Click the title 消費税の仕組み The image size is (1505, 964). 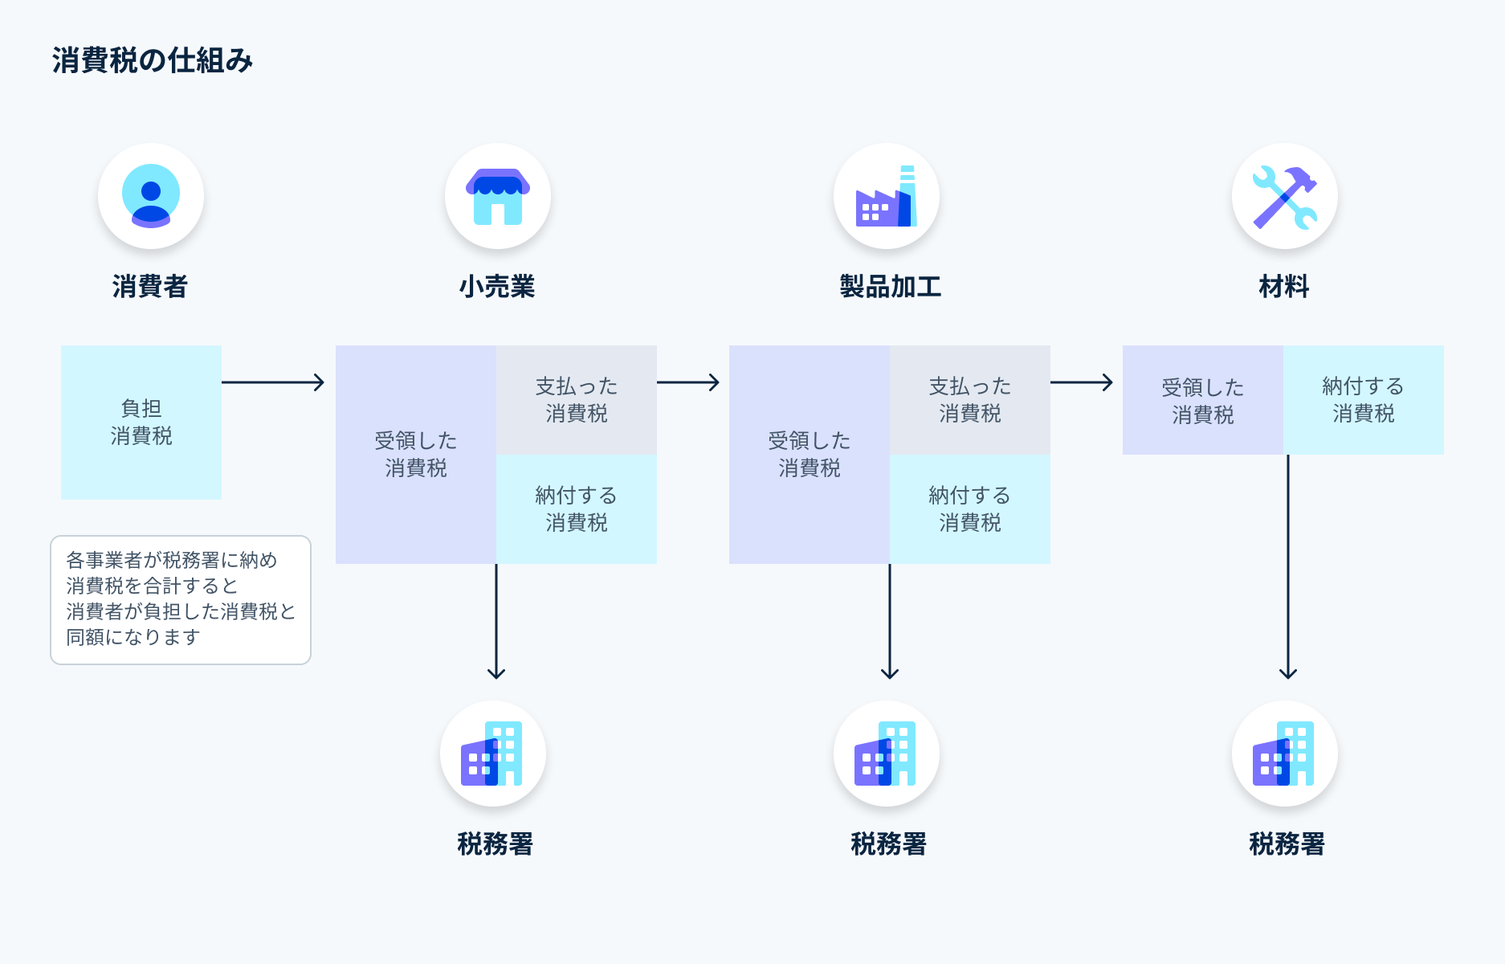click(x=153, y=60)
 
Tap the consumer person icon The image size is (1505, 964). click(x=151, y=196)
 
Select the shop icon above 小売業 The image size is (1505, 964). click(x=497, y=196)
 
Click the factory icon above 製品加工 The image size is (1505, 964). click(x=887, y=196)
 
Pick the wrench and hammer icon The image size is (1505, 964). click(x=1284, y=196)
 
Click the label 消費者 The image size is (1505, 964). click(x=150, y=286)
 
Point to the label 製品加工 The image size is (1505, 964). click(x=890, y=286)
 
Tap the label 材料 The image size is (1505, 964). click(x=1283, y=286)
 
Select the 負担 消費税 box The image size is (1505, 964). click(x=141, y=423)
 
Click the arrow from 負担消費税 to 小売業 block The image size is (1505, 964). click(x=273, y=382)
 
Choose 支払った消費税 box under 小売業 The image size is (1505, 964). click(x=577, y=400)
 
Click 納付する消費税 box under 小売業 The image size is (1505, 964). click(x=577, y=509)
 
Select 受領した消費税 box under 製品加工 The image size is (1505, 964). click(x=809, y=455)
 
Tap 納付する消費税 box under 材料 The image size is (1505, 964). click(x=1363, y=400)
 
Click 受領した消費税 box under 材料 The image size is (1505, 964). click(x=1202, y=400)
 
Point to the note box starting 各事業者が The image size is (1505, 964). click(x=181, y=599)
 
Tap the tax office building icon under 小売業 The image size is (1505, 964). click(x=492, y=754)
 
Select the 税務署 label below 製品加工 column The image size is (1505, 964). click(x=888, y=844)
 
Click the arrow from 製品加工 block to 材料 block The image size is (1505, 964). click(x=1081, y=382)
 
